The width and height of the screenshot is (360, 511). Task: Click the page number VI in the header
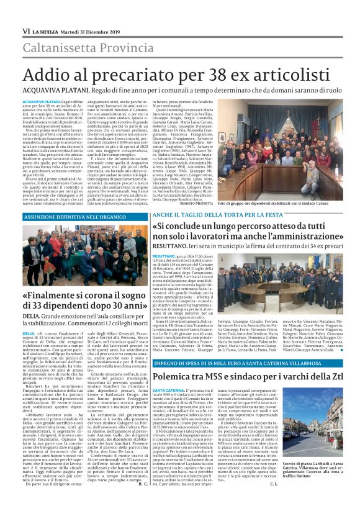(x=26, y=31)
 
